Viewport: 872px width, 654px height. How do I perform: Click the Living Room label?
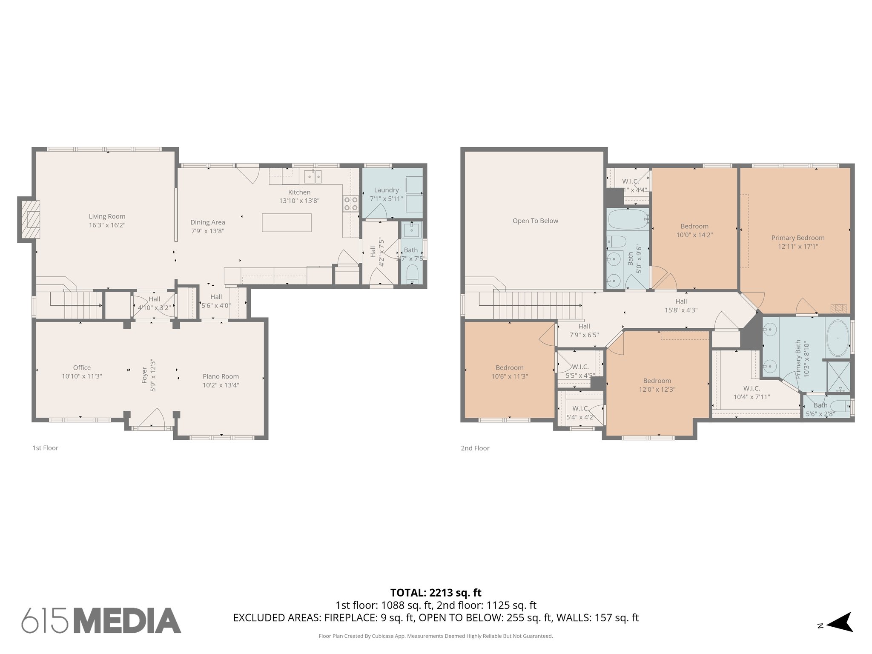pyautogui.click(x=107, y=216)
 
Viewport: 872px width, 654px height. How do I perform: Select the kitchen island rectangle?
pyautogui.click(x=287, y=223)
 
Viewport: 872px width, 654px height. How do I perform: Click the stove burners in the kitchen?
pyautogui.click(x=351, y=204)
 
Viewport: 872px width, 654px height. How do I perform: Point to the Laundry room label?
pyautogui.click(x=386, y=190)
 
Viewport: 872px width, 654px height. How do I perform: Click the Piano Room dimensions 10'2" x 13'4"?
pyautogui.click(x=221, y=385)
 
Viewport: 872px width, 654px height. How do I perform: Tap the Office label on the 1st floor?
pyautogui.click(x=82, y=367)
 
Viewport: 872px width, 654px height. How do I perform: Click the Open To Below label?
pyautogui.click(x=535, y=221)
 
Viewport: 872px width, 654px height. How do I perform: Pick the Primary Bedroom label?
pyautogui.click(x=797, y=238)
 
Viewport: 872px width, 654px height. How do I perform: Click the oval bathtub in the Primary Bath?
pyautogui.click(x=838, y=338)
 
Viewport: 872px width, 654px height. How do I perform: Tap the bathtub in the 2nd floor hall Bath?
pyautogui.click(x=628, y=219)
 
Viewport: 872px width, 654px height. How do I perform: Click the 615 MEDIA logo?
pyautogui.click(x=101, y=620)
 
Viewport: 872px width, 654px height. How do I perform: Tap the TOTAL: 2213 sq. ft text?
pyautogui.click(x=436, y=592)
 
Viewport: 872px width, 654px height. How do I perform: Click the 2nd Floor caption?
pyautogui.click(x=475, y=448)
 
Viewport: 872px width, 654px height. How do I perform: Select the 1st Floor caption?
pyautogui.click(x=45, y=448)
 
